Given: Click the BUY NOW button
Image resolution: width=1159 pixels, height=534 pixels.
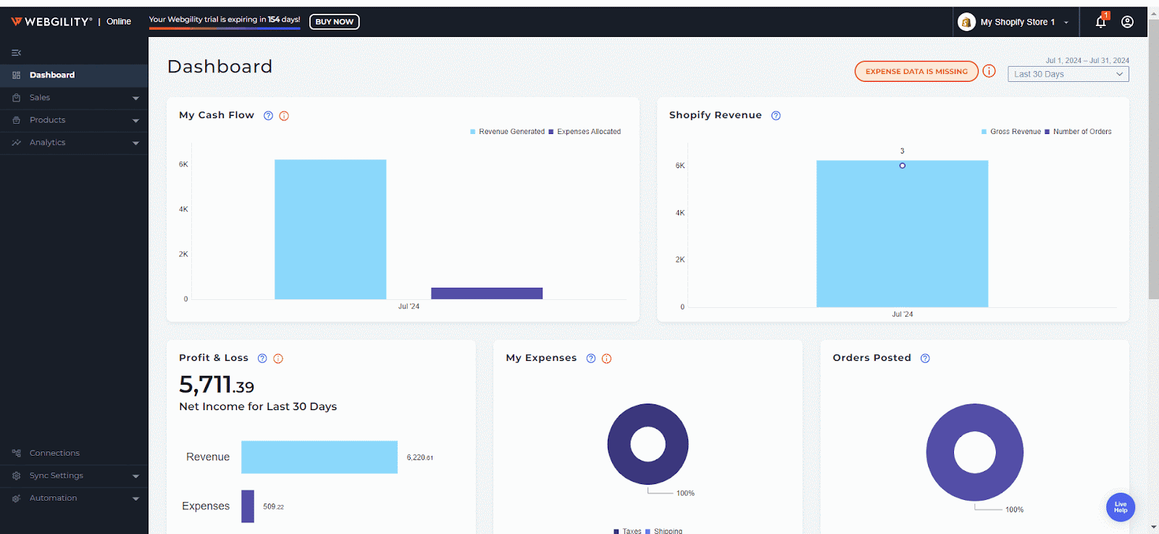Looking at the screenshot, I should pos(334,22).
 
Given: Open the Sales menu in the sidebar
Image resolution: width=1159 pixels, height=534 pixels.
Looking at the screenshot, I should pos(40,98).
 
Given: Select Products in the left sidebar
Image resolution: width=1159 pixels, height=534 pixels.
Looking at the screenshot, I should pos(47,120).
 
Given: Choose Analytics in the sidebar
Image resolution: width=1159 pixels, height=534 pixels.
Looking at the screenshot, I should pos(47,143).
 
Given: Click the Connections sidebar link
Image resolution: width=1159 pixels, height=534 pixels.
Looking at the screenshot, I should pos(54,453).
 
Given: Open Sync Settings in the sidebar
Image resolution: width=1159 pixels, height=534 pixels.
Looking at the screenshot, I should pos(57,475).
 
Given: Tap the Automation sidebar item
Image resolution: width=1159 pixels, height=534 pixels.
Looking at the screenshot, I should pos(53,498).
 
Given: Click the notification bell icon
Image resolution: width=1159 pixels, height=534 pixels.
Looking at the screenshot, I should pos(1100,22).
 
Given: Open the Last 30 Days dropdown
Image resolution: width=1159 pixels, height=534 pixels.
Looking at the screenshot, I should pos(1068,74).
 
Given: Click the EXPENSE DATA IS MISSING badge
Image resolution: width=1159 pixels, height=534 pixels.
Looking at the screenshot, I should pos(916,72).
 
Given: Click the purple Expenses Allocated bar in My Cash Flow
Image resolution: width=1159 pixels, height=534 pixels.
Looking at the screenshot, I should pos(487,293).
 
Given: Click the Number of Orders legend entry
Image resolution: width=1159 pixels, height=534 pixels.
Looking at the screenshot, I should pos(1081,132).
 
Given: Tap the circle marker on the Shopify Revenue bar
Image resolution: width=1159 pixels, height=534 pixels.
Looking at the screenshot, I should pos(902,166).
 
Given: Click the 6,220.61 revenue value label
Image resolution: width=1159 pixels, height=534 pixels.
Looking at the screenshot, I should pos(419,458).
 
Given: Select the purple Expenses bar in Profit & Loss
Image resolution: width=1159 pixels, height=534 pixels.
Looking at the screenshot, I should pos(248,506).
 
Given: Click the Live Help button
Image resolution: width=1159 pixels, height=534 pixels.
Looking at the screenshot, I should pos(1120,507).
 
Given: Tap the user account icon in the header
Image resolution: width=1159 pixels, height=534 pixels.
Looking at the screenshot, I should pos(1127,22).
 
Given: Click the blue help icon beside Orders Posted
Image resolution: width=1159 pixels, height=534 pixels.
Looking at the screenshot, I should pos(925,359).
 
